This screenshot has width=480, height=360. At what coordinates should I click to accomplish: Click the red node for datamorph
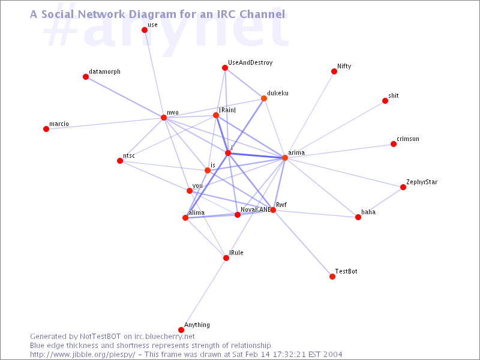(86, 77)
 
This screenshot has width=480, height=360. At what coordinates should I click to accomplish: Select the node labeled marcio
(46, 129)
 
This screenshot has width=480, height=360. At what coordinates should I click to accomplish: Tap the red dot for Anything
(181, 329)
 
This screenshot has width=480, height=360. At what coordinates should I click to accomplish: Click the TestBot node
(332, 277)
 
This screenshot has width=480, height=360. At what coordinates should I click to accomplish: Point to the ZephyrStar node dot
(403, 187)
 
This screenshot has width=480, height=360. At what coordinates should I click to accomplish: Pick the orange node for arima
(285, 158)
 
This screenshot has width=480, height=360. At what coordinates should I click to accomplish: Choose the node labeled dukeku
(264, 98)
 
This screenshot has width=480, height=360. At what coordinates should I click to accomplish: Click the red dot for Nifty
(334, 71)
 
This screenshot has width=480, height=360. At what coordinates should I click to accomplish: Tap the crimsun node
(394, 144)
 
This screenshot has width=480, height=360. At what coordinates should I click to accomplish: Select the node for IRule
(226, 258)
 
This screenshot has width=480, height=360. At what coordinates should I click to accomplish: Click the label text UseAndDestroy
(250, 63)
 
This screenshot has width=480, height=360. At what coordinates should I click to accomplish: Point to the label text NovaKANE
(256, 209)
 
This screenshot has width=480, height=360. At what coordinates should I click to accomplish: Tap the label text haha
(368, 212)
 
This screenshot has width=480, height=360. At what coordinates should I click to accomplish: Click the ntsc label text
(129, 156)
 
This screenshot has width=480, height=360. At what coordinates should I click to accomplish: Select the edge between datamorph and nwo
(125, 97)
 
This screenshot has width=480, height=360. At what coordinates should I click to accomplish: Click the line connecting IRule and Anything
(203, 294)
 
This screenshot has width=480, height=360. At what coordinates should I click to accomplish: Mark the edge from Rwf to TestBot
(303, 244)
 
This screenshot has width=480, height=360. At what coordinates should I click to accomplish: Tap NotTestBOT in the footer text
(100, 337)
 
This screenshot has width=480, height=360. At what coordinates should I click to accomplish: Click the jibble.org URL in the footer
(83, 355)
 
